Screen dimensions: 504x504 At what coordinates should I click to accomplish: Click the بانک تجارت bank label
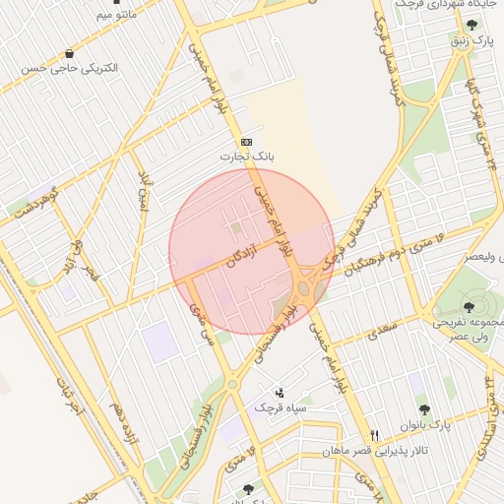(249, 157)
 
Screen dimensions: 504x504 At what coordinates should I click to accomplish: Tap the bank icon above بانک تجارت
(245, 142)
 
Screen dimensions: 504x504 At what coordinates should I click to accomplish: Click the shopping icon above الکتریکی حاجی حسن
(68, 53)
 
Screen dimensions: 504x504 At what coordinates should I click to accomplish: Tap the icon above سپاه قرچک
(279, 393)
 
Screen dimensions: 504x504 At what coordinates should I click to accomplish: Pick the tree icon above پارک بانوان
(424, 409)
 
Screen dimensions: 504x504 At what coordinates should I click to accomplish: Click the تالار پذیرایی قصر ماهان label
(361, 451)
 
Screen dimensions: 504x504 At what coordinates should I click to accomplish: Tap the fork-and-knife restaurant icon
(374, 435)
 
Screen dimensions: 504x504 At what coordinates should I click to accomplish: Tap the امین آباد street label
(144, 193)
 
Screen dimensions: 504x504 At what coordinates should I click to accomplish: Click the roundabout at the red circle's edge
(304, 288)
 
